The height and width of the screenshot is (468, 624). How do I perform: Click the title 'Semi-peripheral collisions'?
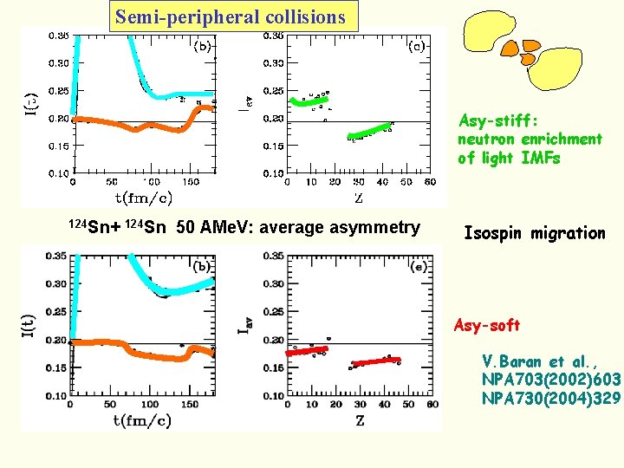point(231,16)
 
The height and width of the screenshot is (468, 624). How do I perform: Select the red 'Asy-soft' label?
point(486,325)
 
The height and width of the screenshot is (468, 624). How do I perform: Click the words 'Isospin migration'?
point(535,232)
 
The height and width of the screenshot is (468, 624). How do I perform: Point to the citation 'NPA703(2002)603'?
point(551,380)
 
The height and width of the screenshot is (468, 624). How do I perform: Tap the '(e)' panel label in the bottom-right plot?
point(419,268)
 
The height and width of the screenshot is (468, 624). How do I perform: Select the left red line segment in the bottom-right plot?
point(307,351)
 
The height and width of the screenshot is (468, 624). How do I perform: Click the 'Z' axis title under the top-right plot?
point(358,197)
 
